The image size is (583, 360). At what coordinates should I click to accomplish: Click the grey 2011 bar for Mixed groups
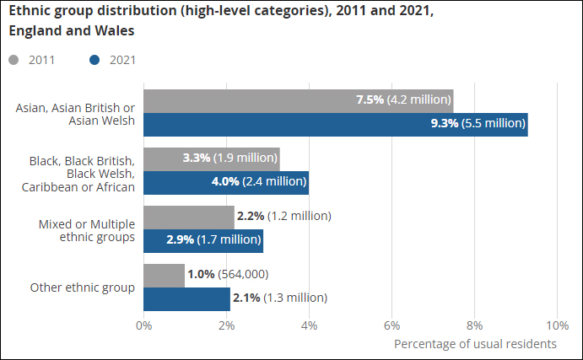click(x=188, y=217)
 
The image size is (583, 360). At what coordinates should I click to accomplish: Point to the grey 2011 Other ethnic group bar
click(x=164, y=275)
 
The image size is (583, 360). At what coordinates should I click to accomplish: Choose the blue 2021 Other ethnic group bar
click(x=186, y=298)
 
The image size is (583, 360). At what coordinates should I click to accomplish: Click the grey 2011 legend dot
click(x=13, y=60)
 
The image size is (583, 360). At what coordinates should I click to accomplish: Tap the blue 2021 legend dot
click(x=94, y=60)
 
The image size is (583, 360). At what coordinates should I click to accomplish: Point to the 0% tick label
click(x=143, y=325)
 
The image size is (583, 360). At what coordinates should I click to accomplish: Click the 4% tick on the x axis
click(x=309, y=325)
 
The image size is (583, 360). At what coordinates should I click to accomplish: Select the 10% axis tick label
click(x=557, y=325)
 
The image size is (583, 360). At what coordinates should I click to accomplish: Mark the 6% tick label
click(x=391, y=325)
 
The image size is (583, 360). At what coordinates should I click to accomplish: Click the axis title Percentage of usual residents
click(x=475, y=344)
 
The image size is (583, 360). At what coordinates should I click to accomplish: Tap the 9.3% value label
click(x=444, y=123)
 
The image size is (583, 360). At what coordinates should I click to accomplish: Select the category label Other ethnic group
click(x=83, y=287)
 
